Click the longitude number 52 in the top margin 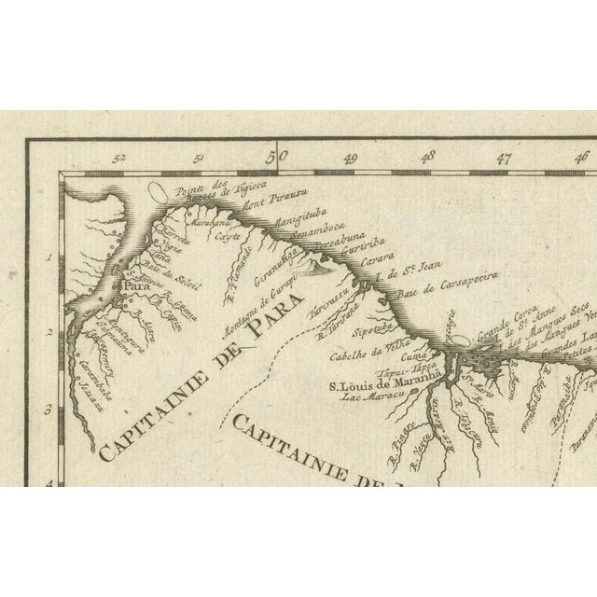pyautogui.click(x=118, y=160)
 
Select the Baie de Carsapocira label pyautogui.click(x=454, y=287)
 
